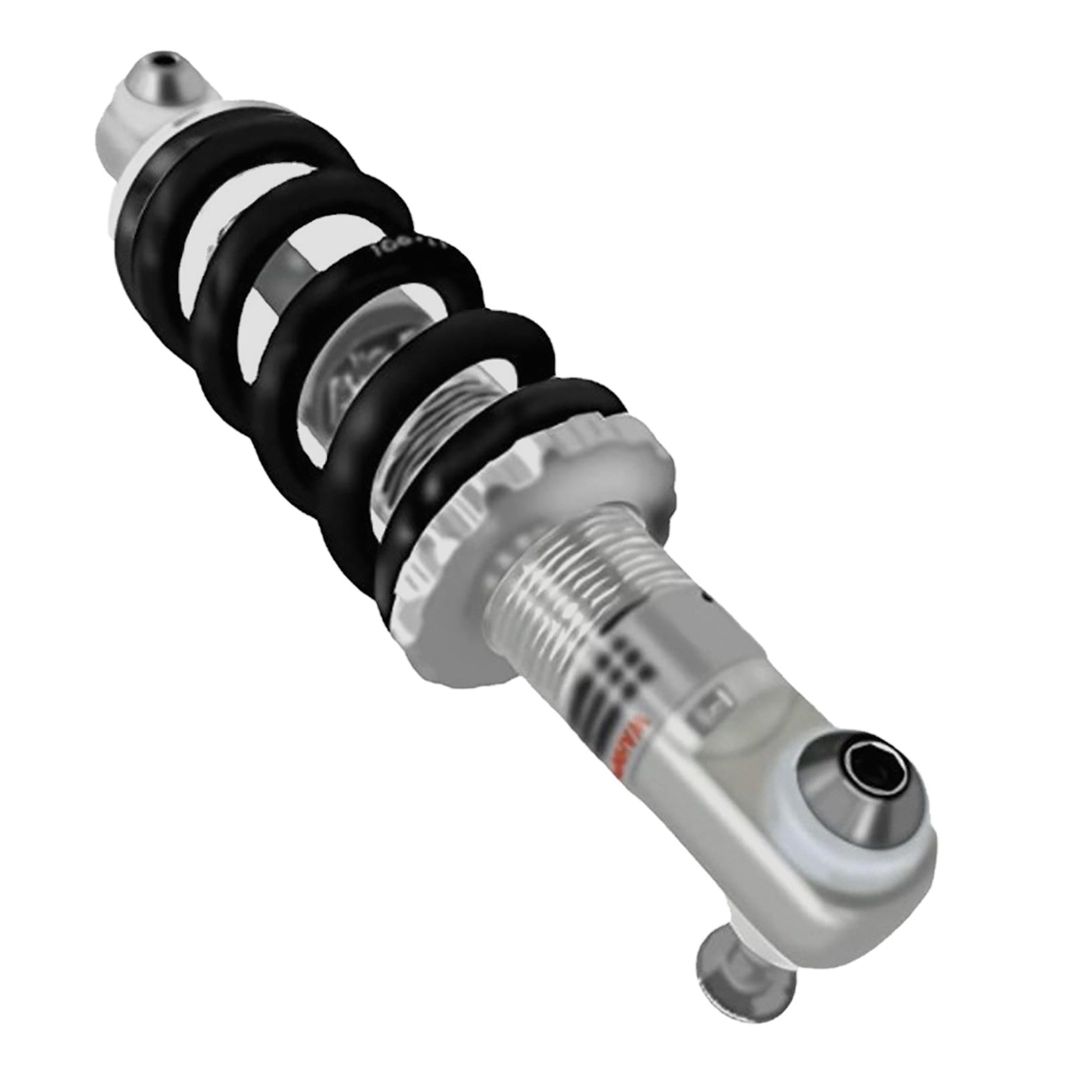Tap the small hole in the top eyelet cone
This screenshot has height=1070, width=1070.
coord(158,62)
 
